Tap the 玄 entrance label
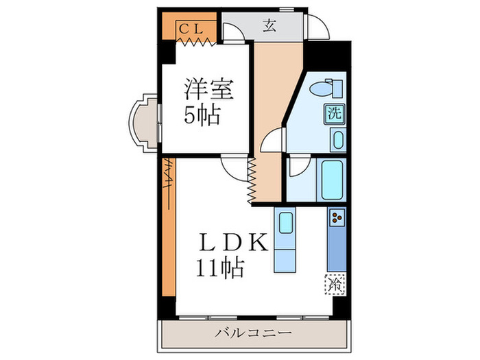point(269,27)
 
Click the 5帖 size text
point(202,115)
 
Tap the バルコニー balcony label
point(254,333)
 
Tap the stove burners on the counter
point(337,218)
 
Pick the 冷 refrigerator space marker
point(335,282)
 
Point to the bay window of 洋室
point(143,123)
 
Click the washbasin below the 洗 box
point(336,140)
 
